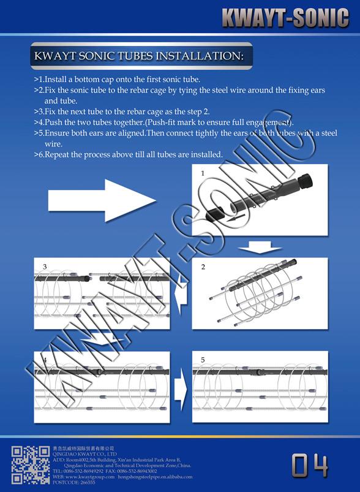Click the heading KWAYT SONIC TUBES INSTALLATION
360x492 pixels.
click(140, 56)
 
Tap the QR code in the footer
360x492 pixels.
click(31, 465)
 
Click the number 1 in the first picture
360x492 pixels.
click(203, 173)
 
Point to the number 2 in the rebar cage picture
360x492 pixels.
click(203, 267)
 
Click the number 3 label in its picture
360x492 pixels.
click(45, 267)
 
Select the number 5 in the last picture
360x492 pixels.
click(203, 360)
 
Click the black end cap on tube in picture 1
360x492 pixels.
click(304, 182)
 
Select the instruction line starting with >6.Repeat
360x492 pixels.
click(128, 154)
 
